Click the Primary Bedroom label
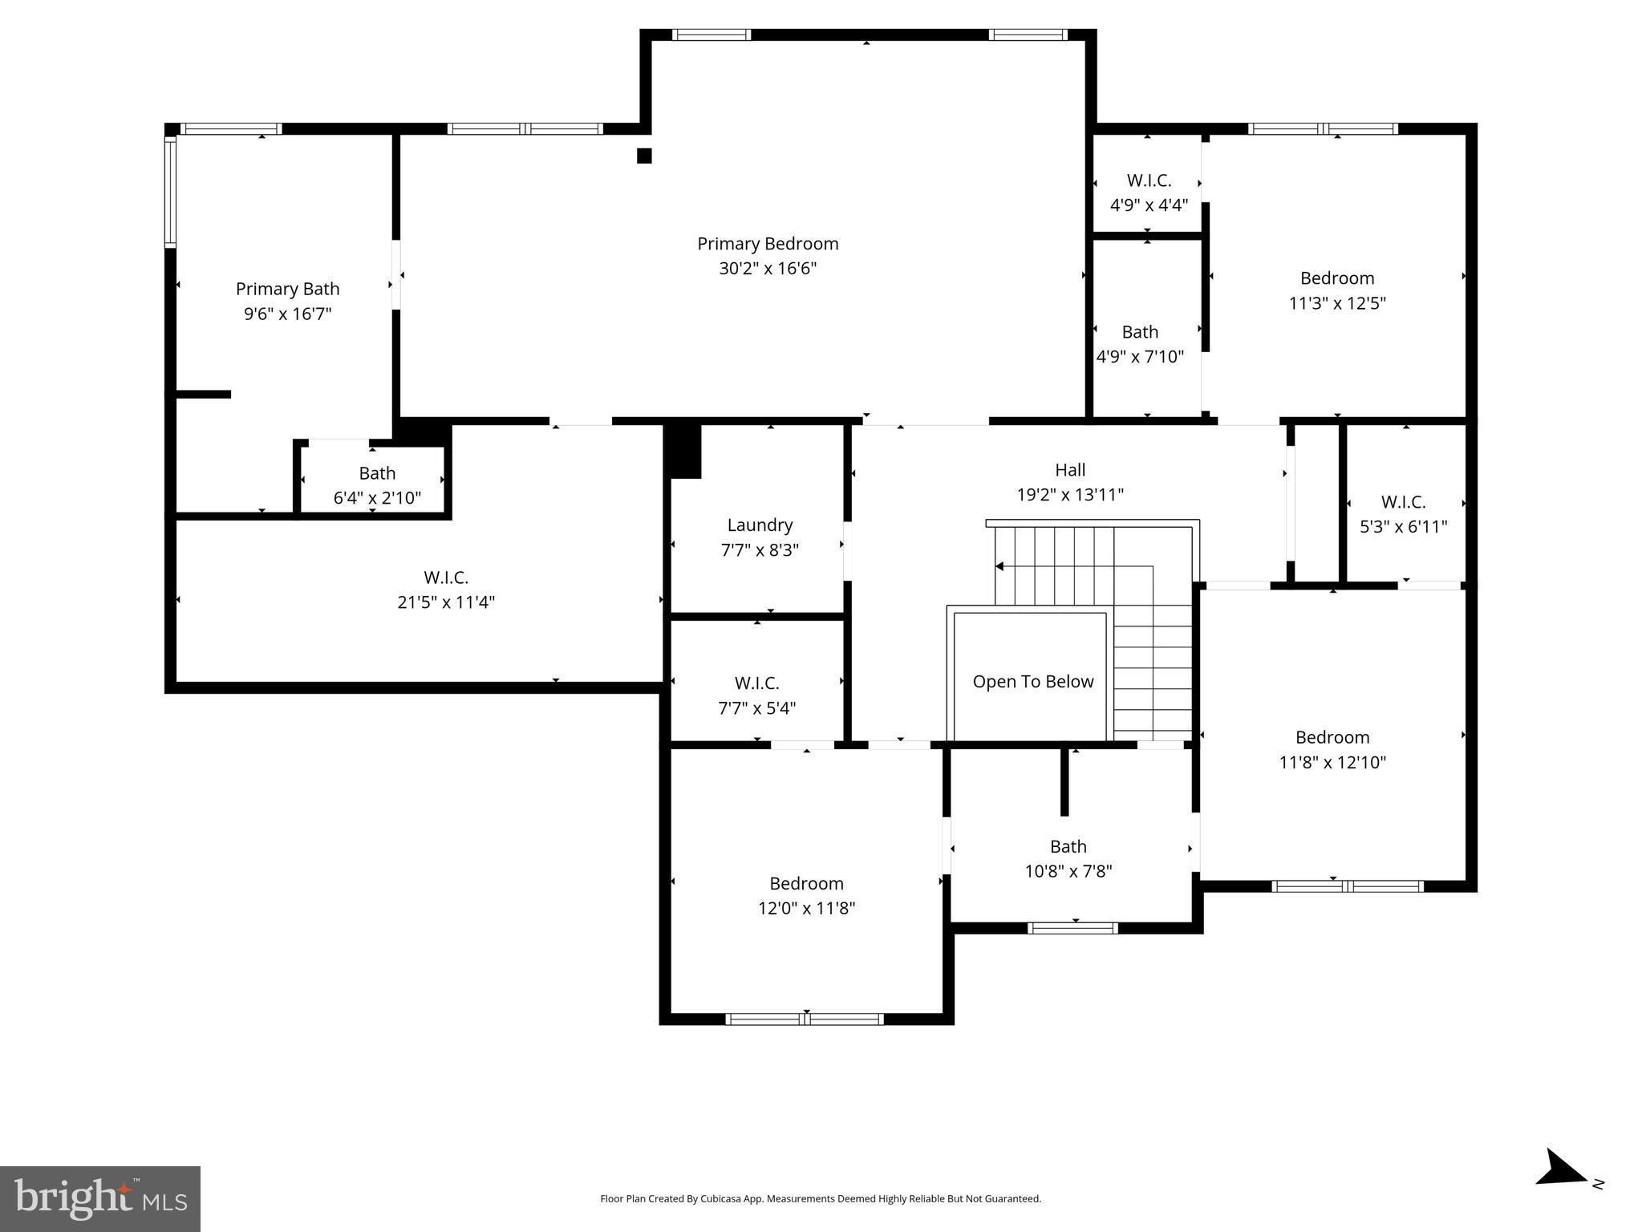[768, 244]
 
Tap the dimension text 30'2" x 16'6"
[768, 269]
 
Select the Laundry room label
[760, 525]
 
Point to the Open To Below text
[1032, 682]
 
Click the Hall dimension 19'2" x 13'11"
[1070, 495]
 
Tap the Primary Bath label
[287, 289]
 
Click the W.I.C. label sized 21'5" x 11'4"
[446, 577]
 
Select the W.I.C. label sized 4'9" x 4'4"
[1149, 180]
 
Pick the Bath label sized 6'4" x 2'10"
[377, 473]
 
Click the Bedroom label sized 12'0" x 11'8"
[806, 884]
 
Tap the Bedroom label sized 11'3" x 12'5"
[1337, 278]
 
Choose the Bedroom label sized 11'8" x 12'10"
[1332, 737]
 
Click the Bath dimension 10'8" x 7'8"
[1068, 871]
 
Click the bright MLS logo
[100, 1198]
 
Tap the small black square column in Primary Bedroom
[644, 156]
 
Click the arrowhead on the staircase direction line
[999, 566]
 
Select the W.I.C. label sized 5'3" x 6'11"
[1403, 502]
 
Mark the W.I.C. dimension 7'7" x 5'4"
[756, 708]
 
